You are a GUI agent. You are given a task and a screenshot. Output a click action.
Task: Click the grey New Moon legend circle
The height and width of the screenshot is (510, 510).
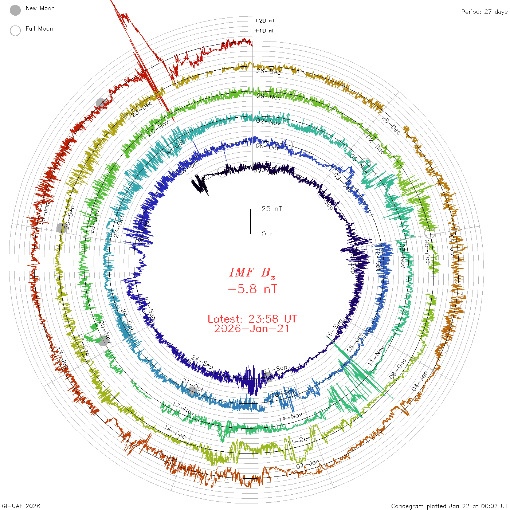click(x=15, y=11)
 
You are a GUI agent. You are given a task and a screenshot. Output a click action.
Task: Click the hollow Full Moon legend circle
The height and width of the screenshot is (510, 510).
click(x=15, y=31)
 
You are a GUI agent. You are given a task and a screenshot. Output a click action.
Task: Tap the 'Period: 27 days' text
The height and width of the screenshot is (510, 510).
click(x=484, y=12)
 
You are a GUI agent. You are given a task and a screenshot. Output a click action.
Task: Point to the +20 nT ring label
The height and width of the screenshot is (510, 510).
click(x=265, y=21)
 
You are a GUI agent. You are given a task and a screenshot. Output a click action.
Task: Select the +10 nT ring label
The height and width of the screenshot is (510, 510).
click(x=265, y=31)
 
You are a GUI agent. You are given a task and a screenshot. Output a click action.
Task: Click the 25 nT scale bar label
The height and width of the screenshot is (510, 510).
click(x=272, y=209)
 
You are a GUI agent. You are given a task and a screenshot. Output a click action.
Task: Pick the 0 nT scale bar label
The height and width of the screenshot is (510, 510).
click(x=270, y=234)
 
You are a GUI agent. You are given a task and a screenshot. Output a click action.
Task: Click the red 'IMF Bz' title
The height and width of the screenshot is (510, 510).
click(x=252, y=272)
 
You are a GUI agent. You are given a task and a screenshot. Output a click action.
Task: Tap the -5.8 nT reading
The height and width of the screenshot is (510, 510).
click(x=252, y=289)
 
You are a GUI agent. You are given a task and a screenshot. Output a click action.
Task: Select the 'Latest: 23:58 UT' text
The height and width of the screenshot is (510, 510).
click(x=252, y=319)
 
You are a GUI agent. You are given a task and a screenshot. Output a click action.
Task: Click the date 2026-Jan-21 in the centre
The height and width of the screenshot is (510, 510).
click(x=252, y=329)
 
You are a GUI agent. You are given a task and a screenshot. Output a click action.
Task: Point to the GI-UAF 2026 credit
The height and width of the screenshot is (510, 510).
click(x=21, y=506)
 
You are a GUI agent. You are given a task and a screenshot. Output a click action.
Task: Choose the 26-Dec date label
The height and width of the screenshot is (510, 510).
click(x=268, y=72)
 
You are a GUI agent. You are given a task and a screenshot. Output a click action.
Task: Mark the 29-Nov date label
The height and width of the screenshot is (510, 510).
click(x=268, y=97)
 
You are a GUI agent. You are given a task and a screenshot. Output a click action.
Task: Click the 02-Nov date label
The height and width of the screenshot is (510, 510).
click(x=268, y=122)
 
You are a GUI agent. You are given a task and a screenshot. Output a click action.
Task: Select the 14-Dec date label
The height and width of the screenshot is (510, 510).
click(x=175, y=432)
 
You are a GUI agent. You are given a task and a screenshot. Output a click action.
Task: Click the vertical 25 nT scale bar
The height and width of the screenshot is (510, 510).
click(x=251, y=221)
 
